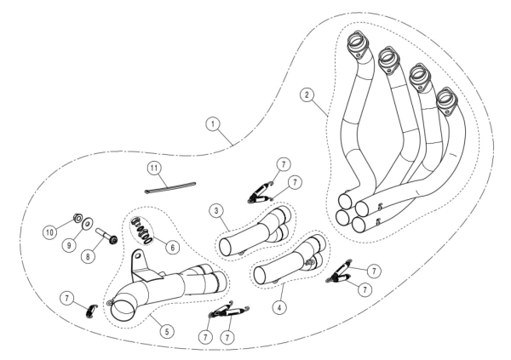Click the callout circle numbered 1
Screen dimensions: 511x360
click(x=213, y=124)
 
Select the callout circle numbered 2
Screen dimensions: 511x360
click(x=307, y=95)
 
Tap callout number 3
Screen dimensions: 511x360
click(x=216, y=211)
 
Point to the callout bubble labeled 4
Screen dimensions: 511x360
click(x=279, y=307)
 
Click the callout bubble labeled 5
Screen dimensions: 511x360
click(x=167, y=332)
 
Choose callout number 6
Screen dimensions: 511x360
click(x=172, y=248)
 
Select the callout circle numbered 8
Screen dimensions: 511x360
click(x=88, y=256)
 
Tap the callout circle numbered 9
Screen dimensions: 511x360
click(x=69, y=245)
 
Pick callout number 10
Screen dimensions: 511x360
click(x=49, y=232)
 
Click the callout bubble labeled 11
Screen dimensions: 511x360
click(x=154, y=169)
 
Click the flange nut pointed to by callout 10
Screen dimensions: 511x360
click(x=78, y=218)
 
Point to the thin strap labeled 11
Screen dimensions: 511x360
click(x=170, y=187)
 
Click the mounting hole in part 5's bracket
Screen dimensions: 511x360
click(x=138, y=254)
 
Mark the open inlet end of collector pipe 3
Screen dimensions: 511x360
click(x=227, y=248)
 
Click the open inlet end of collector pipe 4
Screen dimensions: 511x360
click(x=261, y=276)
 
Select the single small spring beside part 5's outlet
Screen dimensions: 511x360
click(x=92, y=311)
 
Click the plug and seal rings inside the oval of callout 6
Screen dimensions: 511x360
click(x=141, y=231)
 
